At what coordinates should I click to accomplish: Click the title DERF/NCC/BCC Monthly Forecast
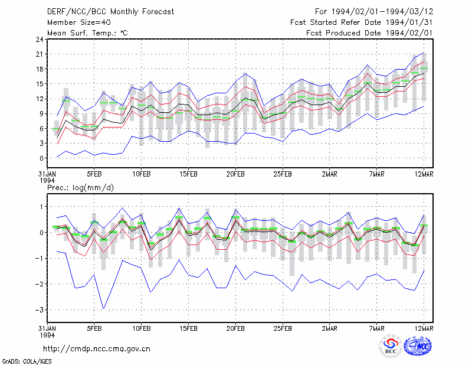click(110, 12)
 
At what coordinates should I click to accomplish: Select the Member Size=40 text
click(79, 22)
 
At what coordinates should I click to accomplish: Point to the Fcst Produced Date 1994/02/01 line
click(369, 33)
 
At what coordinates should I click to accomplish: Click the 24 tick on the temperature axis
click(40, 39)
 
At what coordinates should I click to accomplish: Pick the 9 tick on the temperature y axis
click(41, 113)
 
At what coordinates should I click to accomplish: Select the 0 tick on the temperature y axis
click(41, 158)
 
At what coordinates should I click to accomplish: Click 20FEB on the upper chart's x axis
click(235, 174)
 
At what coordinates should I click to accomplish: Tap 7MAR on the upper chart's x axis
click(376, 174)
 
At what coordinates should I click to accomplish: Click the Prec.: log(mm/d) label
click(80, 188)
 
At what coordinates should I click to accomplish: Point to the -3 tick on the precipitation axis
click(40, 310)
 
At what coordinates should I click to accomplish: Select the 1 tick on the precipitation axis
click(42, 207)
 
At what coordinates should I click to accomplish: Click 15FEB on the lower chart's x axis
click(188, 328)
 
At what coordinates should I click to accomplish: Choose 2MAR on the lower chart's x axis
click(330, 328)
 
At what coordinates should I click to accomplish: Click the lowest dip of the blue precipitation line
click(104, 309)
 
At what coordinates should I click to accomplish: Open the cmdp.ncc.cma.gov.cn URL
click(97, 349)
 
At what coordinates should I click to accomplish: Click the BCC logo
click(391, 346)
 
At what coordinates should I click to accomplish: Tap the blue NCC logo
click(418, 346)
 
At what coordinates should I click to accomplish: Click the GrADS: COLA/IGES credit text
click(27, 361)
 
